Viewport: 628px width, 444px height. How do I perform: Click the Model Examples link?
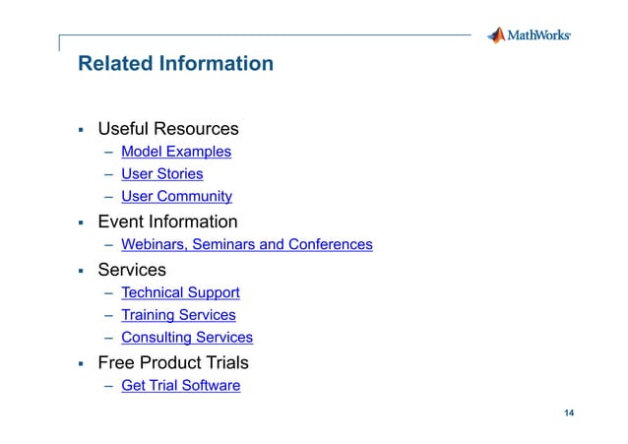tap(176, 152)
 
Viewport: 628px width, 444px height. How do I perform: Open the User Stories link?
tap(161, 174)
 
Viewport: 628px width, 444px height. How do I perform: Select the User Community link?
tap(176, 197)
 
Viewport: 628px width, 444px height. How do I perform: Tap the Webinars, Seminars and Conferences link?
tap(246, 244)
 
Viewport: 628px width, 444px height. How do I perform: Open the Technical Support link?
tap(180, 292)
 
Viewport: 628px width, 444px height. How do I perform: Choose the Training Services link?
tap(178, 315)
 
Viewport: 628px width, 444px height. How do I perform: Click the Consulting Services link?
tap(186, 338)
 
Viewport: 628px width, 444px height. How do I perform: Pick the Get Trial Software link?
tap(180, 386)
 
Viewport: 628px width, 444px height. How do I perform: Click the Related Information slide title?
tap(175, 64)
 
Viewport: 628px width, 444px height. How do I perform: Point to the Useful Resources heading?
tap(167, 129)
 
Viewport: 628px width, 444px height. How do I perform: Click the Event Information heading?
tap(166, 222)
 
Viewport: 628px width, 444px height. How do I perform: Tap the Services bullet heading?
tap(131, 270)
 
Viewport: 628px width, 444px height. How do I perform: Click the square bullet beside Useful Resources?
tap(82, 130)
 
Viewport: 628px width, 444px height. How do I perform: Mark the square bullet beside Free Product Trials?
tap(82, 364)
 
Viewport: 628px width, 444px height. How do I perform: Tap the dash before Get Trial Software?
tap(107, 386)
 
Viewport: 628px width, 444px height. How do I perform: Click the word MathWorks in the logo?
tap(538, 36)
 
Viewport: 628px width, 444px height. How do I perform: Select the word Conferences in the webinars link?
tap(330, 244)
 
